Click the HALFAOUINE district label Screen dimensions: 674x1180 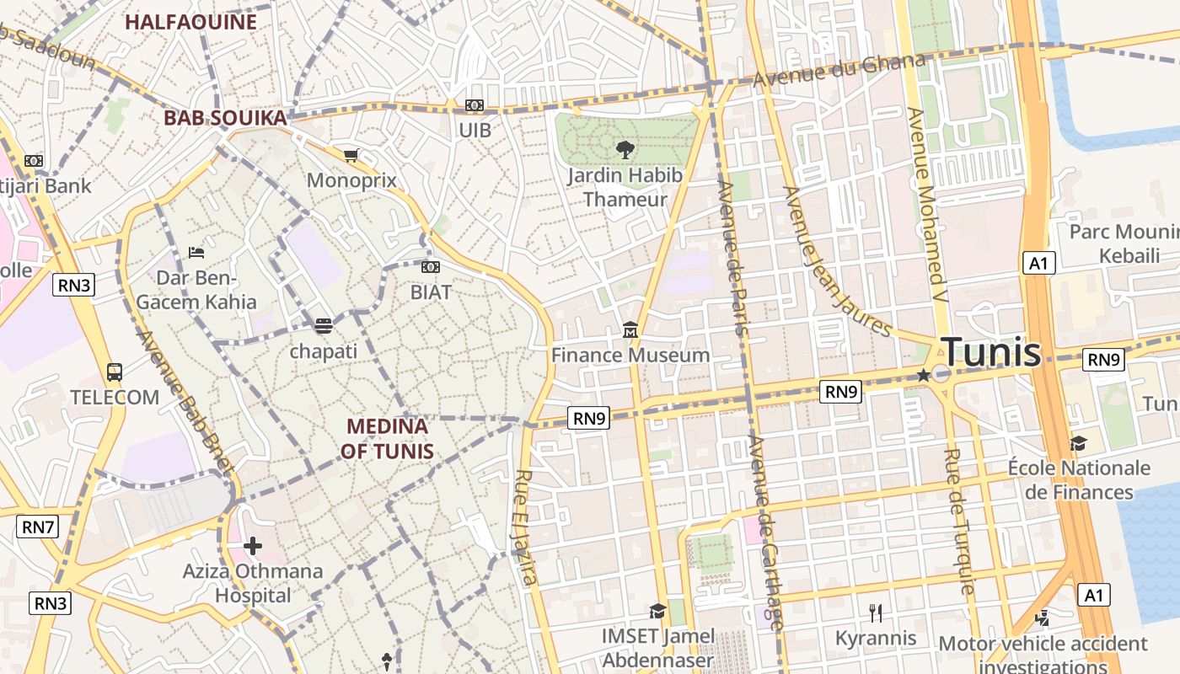coord(190,22)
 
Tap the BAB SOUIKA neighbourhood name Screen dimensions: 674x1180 coord(225,118)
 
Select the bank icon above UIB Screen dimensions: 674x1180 coord(475,105)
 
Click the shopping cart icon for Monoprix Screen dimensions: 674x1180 coord(351,155)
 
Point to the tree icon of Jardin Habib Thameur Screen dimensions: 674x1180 coord(625,150)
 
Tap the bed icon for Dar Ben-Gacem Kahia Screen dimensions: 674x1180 coord(196,252)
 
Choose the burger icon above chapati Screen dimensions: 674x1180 coord(324,325)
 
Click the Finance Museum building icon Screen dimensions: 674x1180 coord(630,330)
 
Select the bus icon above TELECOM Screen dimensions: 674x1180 coord(114,372)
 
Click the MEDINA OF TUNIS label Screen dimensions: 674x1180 coord(387,438)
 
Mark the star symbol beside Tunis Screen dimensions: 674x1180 coord(924,375)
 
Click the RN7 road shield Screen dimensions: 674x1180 coord(38,527)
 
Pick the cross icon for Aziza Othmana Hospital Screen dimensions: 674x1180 coord(252,546)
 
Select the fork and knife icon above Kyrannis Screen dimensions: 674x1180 coord(876,612)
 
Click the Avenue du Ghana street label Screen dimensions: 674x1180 coord(839,71)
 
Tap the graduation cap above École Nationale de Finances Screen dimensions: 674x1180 coord(1078,443)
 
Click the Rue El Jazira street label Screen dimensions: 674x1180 coord(526,527)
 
